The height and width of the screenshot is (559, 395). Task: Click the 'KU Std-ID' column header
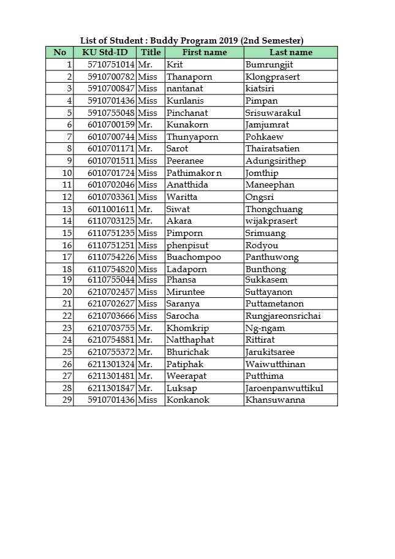(105, 52)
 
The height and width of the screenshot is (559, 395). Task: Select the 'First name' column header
(205, 52)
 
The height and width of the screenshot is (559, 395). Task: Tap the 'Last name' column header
(291, 52)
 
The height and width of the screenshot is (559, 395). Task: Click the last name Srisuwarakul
(273, 113)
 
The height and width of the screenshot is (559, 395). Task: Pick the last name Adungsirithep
(276, 161)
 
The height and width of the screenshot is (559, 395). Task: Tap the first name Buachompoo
(194, 257)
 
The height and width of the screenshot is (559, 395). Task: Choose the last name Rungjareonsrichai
(283, 316)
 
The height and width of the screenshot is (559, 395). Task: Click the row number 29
(67, 400)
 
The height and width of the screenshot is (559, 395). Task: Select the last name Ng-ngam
(265, 328)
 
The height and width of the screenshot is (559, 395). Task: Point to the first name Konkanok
(188, 400)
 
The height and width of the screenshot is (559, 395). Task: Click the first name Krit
(175, 64)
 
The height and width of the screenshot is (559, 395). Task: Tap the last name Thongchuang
(274, 209)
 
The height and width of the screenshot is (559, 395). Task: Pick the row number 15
(67, 233)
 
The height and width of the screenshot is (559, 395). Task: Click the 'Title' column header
(151, 52)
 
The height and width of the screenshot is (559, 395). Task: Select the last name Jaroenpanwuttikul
(284, 388)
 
